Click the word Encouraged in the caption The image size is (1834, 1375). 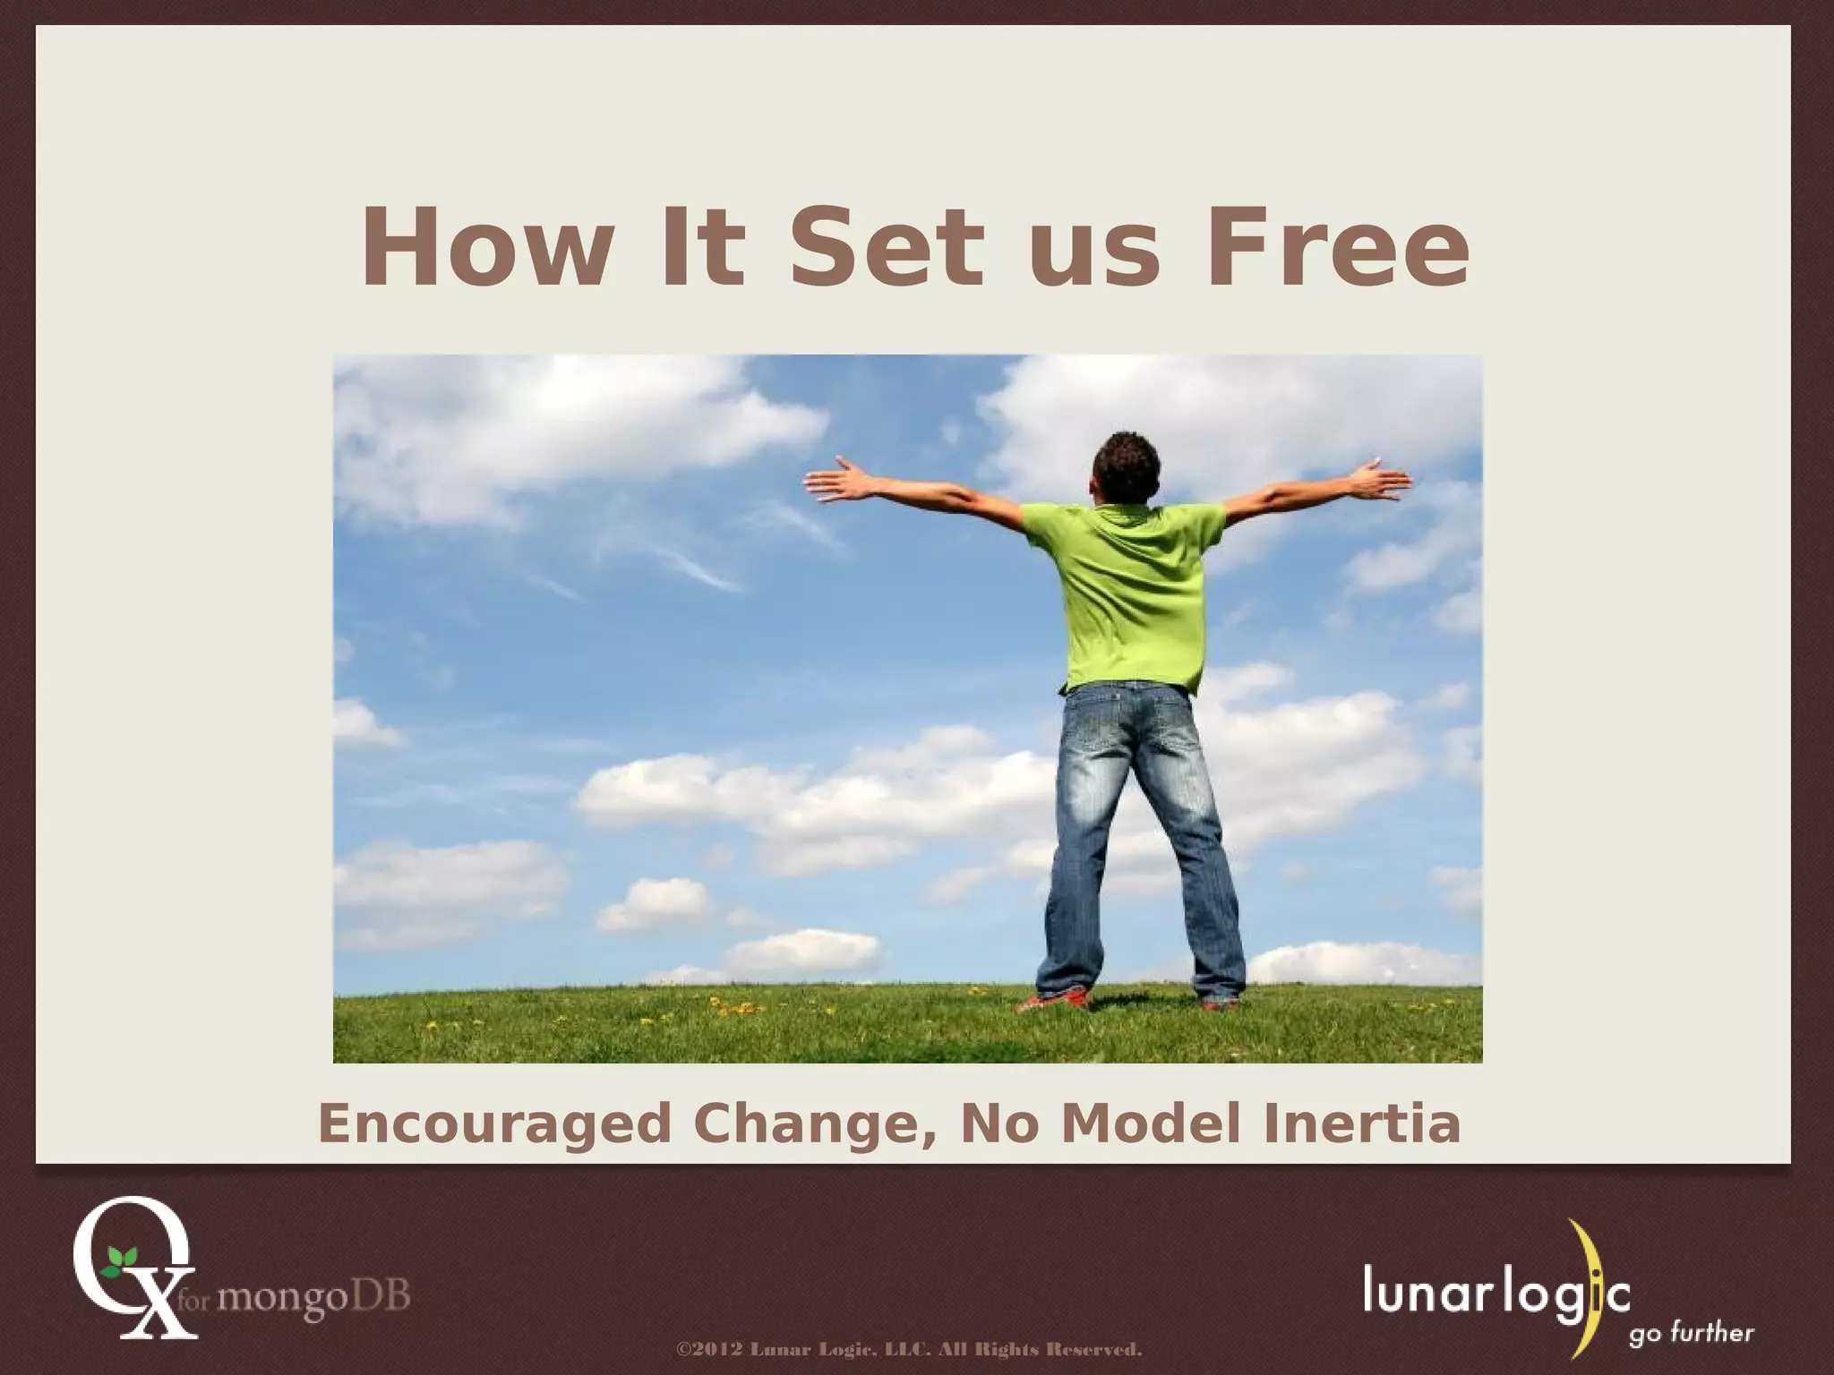point(494,1125)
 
